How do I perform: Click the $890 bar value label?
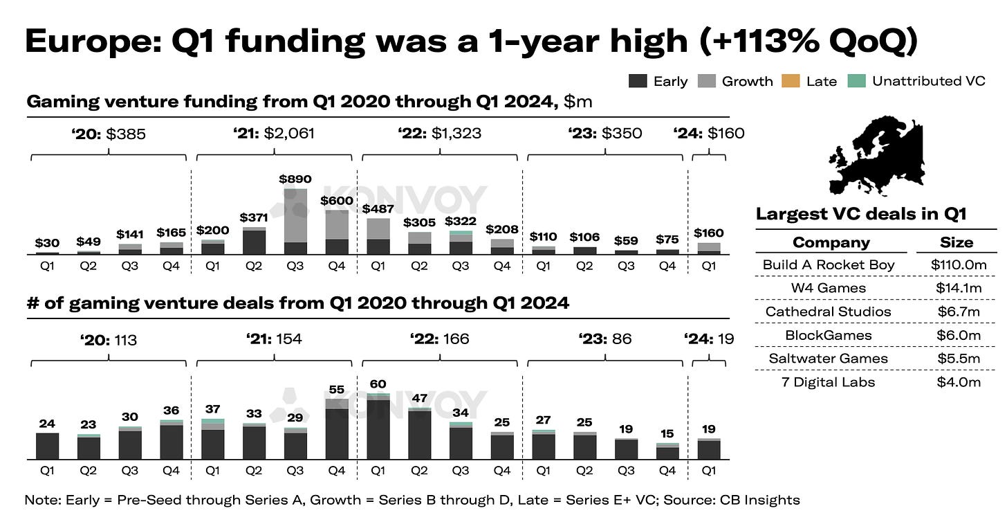point(296,179)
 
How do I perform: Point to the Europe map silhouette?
point(877,158)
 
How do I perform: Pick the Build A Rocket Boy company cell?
point(829,264)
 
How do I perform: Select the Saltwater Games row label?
point(829,359)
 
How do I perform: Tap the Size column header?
point(957,242)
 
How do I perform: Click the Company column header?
point(831,242)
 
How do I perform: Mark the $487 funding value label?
point(378,208)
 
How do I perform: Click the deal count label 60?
point(378,384)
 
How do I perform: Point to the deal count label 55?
point(337,389)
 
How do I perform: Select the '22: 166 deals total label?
point(440,339)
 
